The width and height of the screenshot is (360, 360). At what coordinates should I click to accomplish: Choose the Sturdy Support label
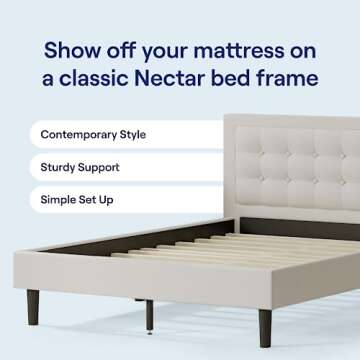tap(80, 167)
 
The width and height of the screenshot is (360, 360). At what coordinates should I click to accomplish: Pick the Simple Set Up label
tap(77, 200)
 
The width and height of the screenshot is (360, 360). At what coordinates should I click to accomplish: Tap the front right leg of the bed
tap(265, 326)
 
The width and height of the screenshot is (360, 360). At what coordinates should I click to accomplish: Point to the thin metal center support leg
tap(150, 315)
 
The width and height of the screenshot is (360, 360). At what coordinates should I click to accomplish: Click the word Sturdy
tap(59, 167)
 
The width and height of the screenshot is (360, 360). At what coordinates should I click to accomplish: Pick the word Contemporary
tap(76, 134)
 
